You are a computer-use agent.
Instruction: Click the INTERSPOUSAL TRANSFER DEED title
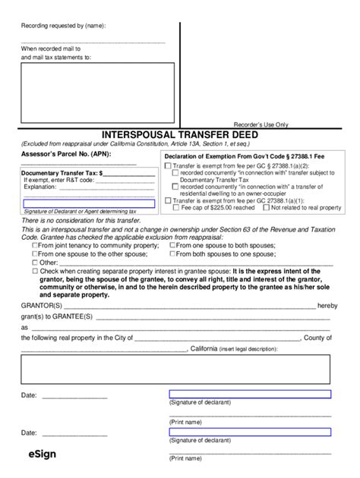pos(179,135)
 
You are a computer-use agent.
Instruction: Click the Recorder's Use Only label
pos(261,124)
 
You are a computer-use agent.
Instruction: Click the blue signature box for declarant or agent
pos(87,202)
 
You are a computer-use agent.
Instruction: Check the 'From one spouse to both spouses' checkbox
pos(172,245)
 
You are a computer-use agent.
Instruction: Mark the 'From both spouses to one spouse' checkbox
pos(172,253)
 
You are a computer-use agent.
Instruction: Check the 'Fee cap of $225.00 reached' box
pos(176,206)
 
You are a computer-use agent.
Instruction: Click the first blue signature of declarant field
pos(249,395)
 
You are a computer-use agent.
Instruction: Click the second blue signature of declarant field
pos(249,432)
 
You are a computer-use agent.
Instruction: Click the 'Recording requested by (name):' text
pos(64,25)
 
